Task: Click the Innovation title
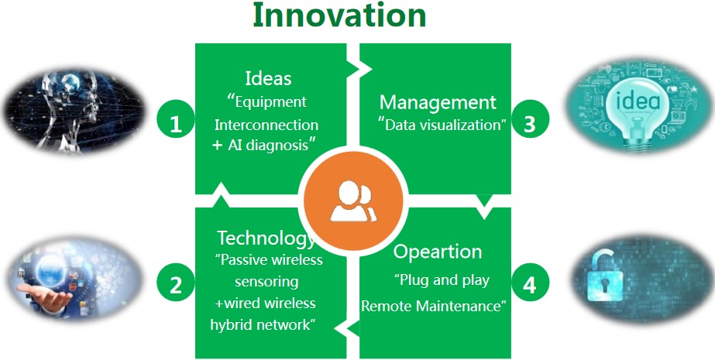click(339, 15)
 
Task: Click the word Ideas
click(268, 78)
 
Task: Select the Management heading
click(438, 102)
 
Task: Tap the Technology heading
click(266, 238)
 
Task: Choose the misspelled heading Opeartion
click(438, 252)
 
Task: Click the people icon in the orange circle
click(353, 201)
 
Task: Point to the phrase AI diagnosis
click(268, 146)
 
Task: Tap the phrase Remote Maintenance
click(431, 306)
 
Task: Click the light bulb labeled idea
click(638, 107)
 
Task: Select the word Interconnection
click(266, 125)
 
